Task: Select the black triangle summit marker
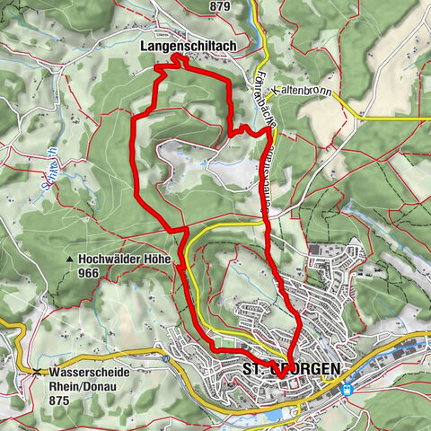[x=68, y=260]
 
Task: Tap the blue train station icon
[x=347, y=390]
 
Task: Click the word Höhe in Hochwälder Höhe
[x=153, y=259]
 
